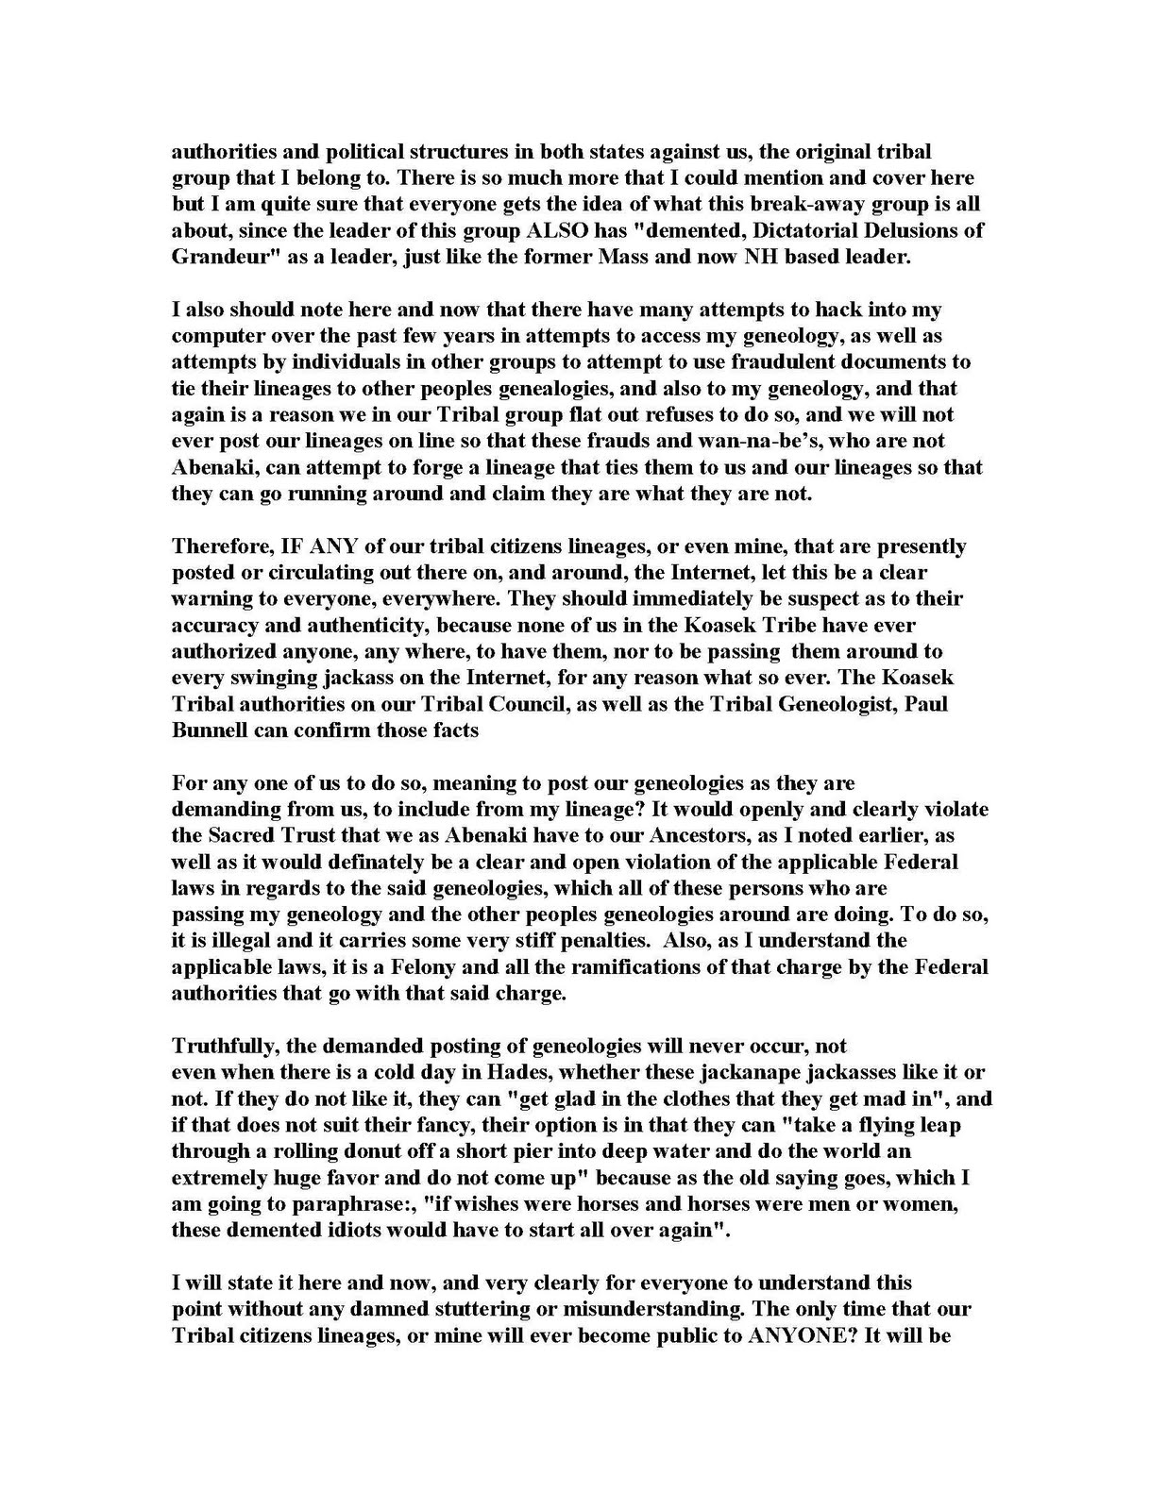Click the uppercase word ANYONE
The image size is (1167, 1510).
(795, 1335)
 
